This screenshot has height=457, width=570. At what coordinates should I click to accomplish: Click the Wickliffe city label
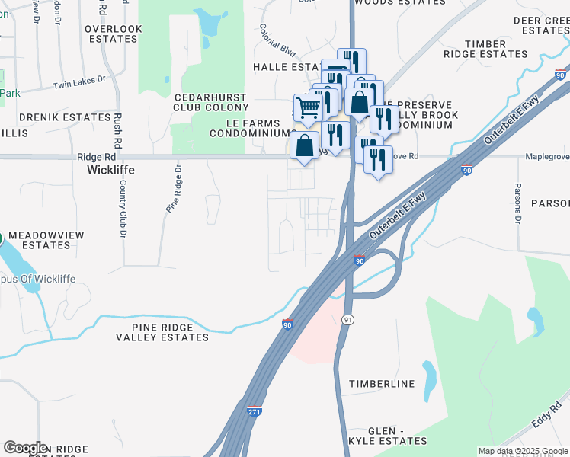pos(111,170)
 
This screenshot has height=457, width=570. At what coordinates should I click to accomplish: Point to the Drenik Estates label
pos(65,117)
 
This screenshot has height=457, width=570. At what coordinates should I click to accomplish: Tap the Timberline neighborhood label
pos(382,384)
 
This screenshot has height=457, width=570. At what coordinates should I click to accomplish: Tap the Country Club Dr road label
pos(122,213)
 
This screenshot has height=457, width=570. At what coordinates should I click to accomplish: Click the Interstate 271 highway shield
pos(255,411)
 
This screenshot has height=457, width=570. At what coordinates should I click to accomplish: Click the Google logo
pos(24,448)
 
